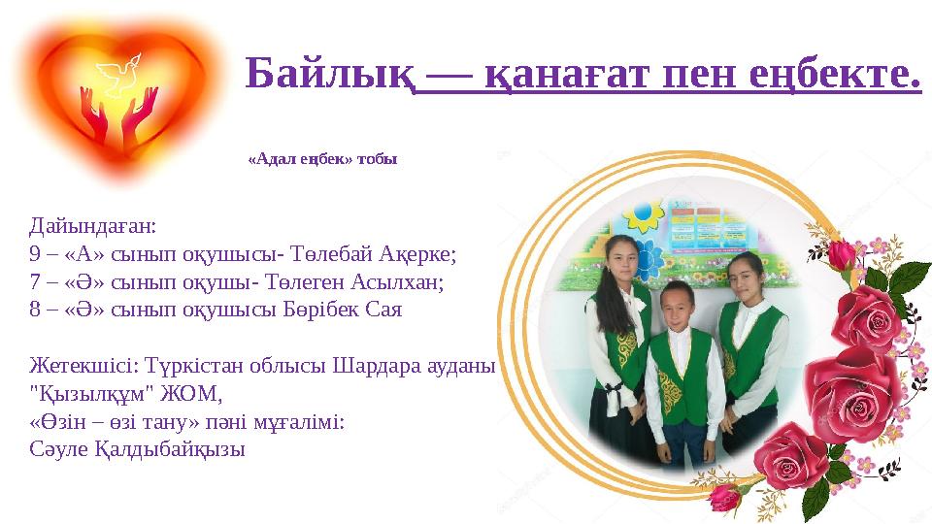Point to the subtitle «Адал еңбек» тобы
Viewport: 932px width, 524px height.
pyautogui.click(x=322, y=158)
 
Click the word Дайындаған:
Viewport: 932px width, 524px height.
pyautogui.click(x=93, y=227)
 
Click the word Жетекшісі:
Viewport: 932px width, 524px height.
pyautogui.click(x=82, y=368)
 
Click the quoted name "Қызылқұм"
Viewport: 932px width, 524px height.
pyautogui.click(x=94, y=395)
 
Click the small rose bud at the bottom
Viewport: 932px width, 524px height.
pyautogui.click(x=724, y=498)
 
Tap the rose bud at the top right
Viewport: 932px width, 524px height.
pyautogui.click(x=842, y=255)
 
